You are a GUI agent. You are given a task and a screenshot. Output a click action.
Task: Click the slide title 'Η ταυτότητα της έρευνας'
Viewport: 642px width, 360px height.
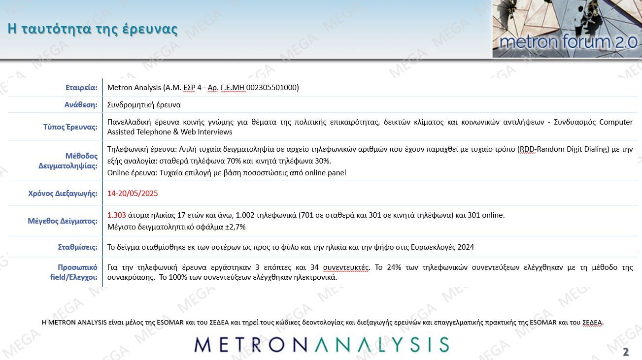tap(93, 29)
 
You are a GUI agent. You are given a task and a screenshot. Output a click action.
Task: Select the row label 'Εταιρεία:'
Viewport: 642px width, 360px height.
tap(81, 88)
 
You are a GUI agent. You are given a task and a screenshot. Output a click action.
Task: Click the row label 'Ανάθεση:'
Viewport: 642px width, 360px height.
tap(81, 105)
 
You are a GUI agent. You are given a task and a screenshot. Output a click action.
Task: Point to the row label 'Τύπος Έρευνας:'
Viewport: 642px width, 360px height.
tap(70, 127)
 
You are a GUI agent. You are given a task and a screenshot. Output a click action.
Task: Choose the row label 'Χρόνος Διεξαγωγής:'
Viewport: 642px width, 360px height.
tap(63, 194)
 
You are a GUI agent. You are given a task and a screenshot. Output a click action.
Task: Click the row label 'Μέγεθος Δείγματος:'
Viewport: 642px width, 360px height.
tap(63, 221)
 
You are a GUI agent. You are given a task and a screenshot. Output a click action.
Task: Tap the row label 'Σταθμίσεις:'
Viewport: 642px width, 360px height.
tap(77, 247)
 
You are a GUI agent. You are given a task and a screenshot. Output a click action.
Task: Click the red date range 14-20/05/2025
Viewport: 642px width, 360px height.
tap(133, 194)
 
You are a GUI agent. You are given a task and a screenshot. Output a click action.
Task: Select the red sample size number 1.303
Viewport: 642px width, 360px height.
tap(117, 215)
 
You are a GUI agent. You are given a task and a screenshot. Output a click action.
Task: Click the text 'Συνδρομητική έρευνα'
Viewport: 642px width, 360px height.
tap(144, 105)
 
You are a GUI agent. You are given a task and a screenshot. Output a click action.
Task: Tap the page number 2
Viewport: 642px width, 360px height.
tap(626, 352)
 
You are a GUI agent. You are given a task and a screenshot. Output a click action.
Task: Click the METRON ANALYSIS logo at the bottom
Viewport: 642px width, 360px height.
tap(321, 345)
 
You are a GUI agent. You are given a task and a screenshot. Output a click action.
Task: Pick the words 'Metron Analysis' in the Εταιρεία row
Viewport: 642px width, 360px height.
tap(134, 88)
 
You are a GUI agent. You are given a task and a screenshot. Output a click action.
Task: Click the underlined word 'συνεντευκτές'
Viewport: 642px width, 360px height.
tap(346, 267)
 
